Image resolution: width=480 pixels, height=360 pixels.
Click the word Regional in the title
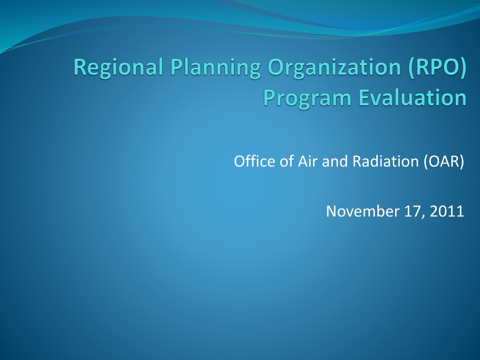[118, 68]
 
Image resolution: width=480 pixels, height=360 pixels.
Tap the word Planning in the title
[215, 68]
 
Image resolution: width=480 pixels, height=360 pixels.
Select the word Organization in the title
[334, 68]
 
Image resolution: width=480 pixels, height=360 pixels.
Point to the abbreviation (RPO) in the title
[437, 67]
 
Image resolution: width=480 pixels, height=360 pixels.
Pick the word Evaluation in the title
[412, 97]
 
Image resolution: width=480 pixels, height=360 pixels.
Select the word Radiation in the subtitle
[385, 161]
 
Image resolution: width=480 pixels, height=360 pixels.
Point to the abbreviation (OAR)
[444, 161]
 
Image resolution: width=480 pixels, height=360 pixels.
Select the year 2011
[447, 211]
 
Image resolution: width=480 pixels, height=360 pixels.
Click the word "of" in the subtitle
[286, 161]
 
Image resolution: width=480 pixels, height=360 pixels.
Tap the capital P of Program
[270, 97]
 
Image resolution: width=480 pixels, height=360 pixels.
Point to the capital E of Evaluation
[363, 97]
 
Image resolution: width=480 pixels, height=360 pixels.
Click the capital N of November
[332, 211]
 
